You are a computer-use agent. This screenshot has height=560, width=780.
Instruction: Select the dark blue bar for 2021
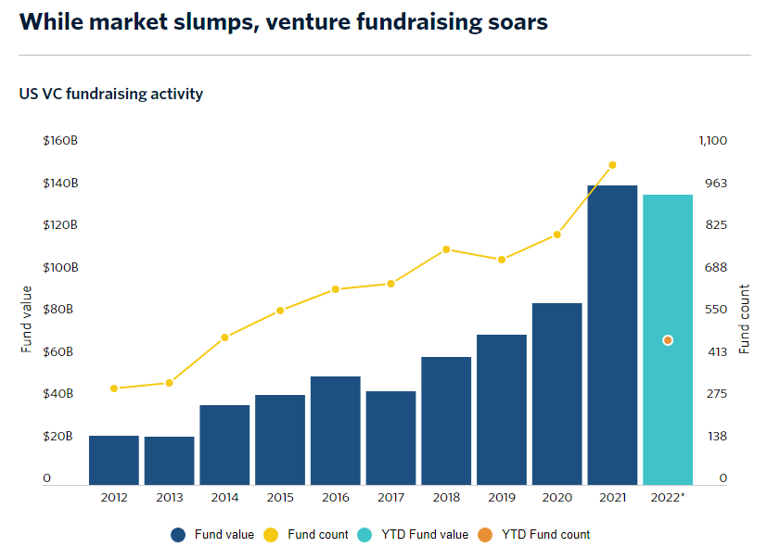click(612, 334)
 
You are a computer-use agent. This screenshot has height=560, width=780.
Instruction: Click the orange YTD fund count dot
click(668, 341)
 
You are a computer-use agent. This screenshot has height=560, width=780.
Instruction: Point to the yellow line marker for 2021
click(612, 165)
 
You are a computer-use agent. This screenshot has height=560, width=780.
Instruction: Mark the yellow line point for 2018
click(446, 249)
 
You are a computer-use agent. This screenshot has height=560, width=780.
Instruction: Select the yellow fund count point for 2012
click(114, 388)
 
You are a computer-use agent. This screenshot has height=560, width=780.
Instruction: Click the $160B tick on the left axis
click(60, 141)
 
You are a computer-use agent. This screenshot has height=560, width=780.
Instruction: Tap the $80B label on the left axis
click(60, 310)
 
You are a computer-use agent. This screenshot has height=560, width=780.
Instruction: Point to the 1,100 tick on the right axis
click(712, 141)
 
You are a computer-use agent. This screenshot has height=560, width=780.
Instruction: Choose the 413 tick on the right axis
click(717, 351)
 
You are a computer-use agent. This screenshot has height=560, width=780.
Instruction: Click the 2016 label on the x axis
click(336, 498)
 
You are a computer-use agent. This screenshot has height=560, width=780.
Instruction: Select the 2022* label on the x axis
click(668, 498)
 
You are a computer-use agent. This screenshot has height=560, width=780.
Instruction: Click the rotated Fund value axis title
click(27, 319)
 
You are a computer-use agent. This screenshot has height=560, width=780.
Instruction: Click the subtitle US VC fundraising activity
click(110, 94)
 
